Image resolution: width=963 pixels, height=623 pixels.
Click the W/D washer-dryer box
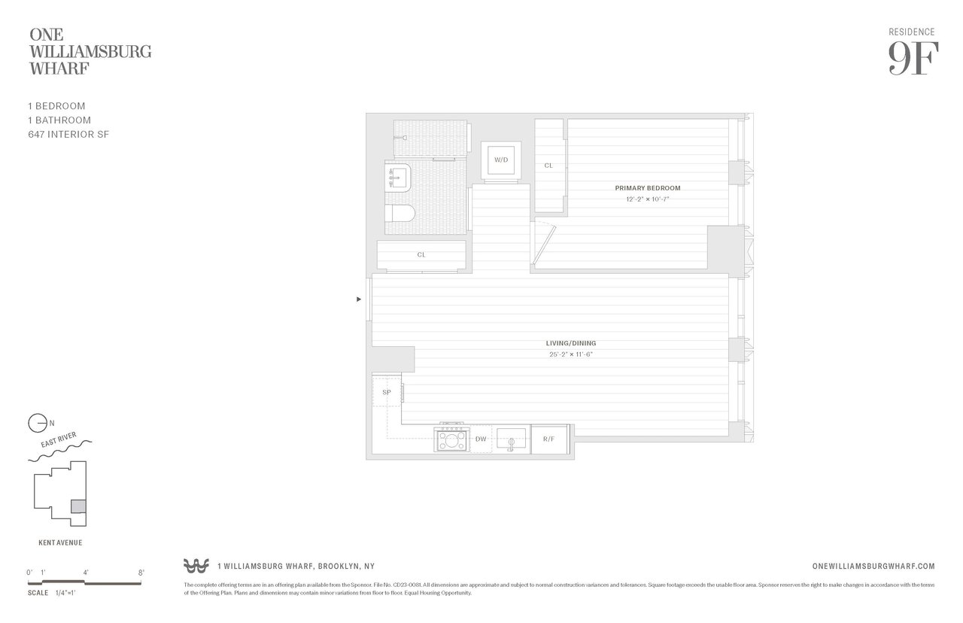(500, 160)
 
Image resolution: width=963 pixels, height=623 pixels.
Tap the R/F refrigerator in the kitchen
(543, 439)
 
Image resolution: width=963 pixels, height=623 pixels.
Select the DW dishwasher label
(481, 439)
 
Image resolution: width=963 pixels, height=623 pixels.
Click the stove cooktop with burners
(451, 439)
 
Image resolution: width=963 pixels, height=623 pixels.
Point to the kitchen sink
(511, 438)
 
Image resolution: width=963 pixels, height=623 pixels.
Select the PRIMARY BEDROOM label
(647, 188)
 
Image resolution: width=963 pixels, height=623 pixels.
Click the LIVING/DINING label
(571, 343)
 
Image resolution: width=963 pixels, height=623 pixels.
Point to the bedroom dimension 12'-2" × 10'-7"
(647, 199)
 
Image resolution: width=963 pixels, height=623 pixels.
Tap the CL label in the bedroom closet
(548, 166)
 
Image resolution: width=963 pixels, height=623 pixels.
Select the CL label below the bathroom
(421, 255)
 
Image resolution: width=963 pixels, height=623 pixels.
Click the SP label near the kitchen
(387, 393)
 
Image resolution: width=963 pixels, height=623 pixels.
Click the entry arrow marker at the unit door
(359, 299)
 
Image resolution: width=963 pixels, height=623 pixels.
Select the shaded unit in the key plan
(78, 506)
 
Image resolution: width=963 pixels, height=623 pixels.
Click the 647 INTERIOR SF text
(68, 134)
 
